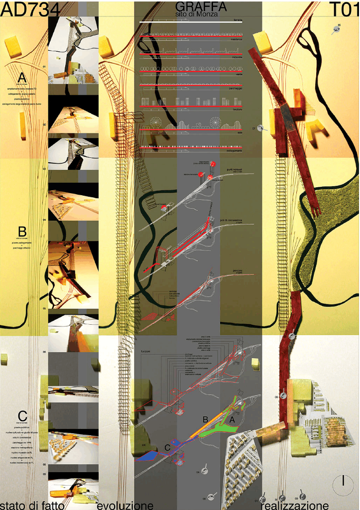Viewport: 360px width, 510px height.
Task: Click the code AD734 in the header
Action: pyautogui.click(x=30, y=8)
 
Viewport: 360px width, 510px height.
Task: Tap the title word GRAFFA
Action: pyautogui.click(x=201, y=6)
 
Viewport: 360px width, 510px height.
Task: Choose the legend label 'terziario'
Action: pyautogui.click(x=236, y=109)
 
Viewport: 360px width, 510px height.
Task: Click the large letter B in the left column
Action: pyautogui.click(x=22, y=232)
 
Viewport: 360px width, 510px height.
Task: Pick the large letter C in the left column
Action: pyautogui.click(x=22, y=415)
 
